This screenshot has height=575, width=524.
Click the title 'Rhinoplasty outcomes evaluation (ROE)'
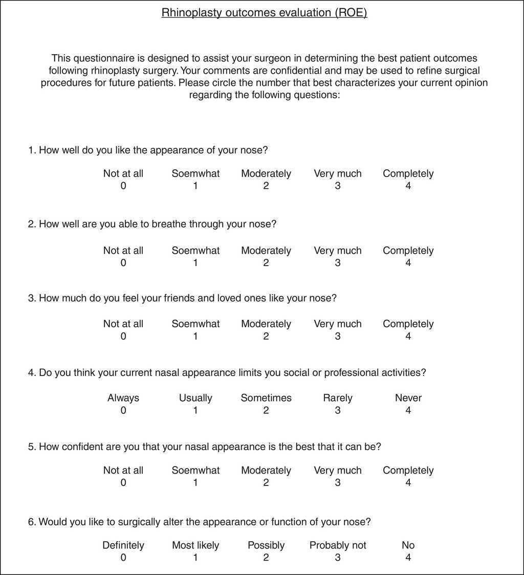(x=264, y=13)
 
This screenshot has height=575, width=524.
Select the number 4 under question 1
(x=408, y=186)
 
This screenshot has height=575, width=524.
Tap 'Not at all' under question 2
(x=123, y=251)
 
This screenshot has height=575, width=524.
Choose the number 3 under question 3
(x=338, y=336)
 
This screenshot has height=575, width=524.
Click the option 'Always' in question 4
(x=123, y=398)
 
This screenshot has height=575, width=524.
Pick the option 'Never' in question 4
(x=408, y=398)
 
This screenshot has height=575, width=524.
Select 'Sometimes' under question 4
(x=266, y=398)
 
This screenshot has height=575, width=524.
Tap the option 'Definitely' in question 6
(x=123, y=545)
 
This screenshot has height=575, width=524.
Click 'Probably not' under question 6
(x=338, y=545)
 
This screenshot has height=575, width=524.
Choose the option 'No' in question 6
(x=408, y=545)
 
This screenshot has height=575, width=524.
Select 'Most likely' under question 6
(x=195, y=545)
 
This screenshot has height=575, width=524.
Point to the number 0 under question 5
(x=123, y=482)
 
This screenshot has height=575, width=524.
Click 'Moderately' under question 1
(x=266, y=174)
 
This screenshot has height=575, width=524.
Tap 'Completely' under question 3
(x=408, y=324)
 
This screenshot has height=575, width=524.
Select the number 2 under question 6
(x=266, y=557)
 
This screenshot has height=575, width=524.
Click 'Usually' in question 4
(x=195, y=398)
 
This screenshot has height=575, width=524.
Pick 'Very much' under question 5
(x=338, y=471)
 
